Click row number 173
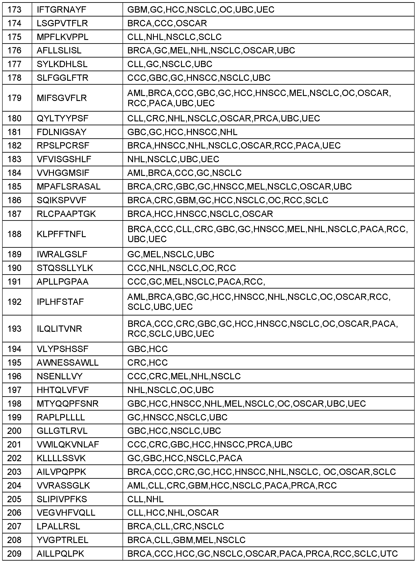click(x=14, y=10)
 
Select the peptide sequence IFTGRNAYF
click(x=61, y=10)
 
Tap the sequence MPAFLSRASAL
click(x=68, y=187)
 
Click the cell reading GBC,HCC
click(x=147, y=349)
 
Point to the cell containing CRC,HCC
click(x=147, y=362)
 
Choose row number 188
click(x=14, y=234)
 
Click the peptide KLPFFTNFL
click(x=61, y=234)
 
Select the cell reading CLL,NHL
click(x=145, y=499)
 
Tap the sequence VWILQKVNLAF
click(x=68, y=444)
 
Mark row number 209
click(x=14, y=554)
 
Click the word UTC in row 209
click(x=389, y=554)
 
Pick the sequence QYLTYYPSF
click(x=62, y=118)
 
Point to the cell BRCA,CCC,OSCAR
click(x=167, y=23)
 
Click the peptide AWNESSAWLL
click(x=68, y=362)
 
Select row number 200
click(x=14, y=431)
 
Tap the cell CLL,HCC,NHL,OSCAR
click(x=173, y=513)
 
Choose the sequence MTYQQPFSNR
click(x=67, y=404)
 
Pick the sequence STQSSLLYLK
click(x=65, y=268)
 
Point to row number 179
click(x=14, y=98)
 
